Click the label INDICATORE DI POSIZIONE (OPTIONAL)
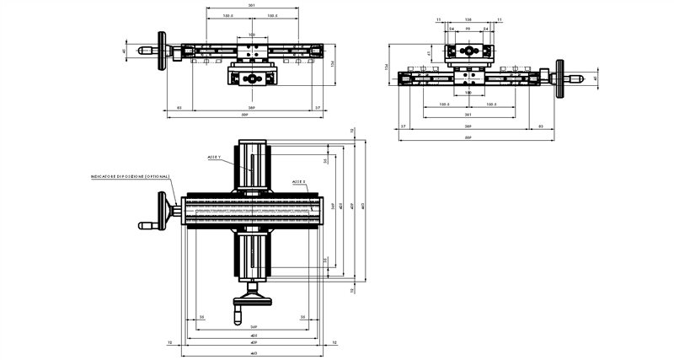tap(130, 176)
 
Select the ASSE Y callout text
tap(214, 158)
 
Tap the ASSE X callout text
tap(299, 180)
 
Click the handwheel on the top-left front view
tap(162, 51)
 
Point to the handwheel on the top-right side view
tap(560, 79)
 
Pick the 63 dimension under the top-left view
tap(179, 108)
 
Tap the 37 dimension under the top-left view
tap(317, 108)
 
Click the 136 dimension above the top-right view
tap(468, 18)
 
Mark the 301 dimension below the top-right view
tap(468, 116)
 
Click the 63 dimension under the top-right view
tap(538, 126)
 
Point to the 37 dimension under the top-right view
tap(404, 126)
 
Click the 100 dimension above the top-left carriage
tap(252, 35)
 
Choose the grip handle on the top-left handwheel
tap(145, 51)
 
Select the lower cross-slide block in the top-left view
tap(251, 79)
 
